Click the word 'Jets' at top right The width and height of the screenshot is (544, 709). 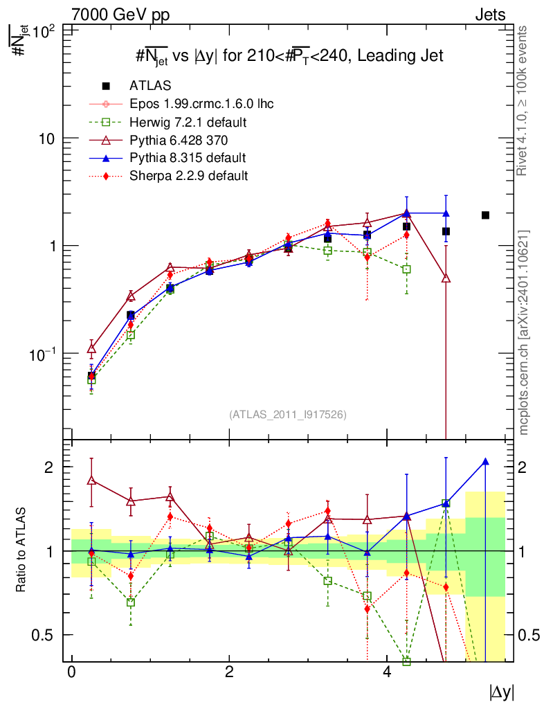(x=489, y=15)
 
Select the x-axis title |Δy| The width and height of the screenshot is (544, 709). (x=501, y=692)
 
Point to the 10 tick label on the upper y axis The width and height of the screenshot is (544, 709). (x=47, y=138)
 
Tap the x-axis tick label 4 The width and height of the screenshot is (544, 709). (x=387, y=672)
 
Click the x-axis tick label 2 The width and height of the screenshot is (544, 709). (x=229, y=672)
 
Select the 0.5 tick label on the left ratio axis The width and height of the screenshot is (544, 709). (x=42, y=635)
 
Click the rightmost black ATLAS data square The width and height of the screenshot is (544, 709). (x=485, y=215)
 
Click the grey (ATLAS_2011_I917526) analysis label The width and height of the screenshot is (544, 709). (x=287, y=415)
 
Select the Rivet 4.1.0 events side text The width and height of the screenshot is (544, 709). (x=524, y=100)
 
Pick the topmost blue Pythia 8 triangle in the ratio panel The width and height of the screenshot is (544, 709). (x=485, y=462)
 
